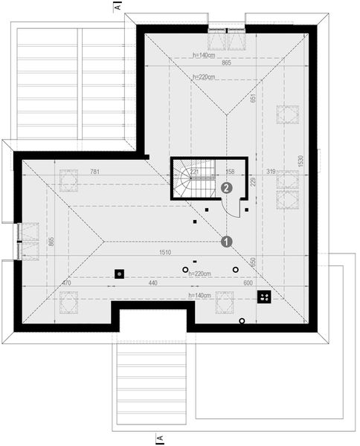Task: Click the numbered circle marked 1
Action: pyautogui.click(x=228, y=241)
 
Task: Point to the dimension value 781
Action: pyautogui.click(x=94, y=172)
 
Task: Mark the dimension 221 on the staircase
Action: pyautogui.click(x=193, y=172)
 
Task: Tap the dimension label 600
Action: pyautogui.click(x=248, y=284)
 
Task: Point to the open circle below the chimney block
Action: pyautogui.click(x=242, y=321)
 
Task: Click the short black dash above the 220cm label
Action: pyautogui.click(x=195, y=262)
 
